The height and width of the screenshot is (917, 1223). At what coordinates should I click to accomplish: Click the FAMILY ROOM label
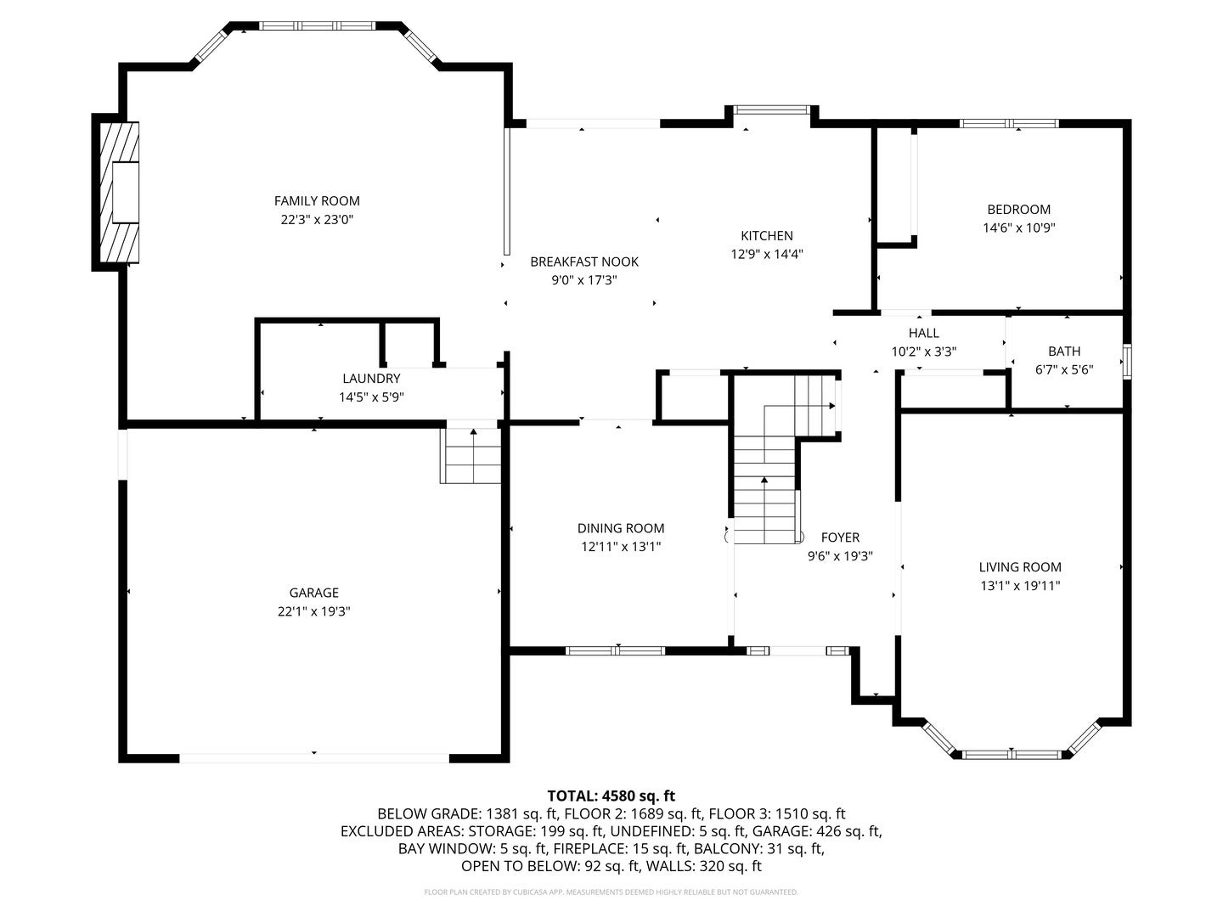(317, 201)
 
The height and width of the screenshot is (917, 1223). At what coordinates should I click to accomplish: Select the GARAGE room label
(313, 593)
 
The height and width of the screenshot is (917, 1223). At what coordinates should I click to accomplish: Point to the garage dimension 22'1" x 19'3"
(313, 611)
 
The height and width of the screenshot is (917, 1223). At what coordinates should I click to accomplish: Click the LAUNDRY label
(371, 379)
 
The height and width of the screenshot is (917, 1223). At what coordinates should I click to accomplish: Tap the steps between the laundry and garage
(471, 455)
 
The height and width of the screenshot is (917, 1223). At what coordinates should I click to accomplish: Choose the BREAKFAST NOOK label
(583, 262)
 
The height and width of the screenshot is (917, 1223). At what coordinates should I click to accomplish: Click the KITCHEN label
(766, 236)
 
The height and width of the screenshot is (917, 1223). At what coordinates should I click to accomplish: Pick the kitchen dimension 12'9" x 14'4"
(766, 254)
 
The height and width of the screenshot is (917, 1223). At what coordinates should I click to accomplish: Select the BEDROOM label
(1018, 210)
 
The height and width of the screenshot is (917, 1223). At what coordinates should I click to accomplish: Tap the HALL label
(923, 333)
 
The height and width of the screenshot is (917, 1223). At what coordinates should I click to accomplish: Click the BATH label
(1063, 351)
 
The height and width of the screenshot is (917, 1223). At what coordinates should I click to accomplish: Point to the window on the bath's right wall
(1127, 361)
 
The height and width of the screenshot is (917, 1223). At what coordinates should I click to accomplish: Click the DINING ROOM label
(620, 528)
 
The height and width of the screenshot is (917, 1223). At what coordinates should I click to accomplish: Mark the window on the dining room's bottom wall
(616, 651)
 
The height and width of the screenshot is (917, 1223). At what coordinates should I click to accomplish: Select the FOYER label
(840, 537)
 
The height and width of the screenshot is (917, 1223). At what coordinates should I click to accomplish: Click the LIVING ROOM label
(1019, 567)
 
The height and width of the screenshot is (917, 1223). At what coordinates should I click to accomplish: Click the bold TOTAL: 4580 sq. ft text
(611, 796)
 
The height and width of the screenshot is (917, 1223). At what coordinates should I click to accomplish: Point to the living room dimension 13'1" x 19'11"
(1019, 585)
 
